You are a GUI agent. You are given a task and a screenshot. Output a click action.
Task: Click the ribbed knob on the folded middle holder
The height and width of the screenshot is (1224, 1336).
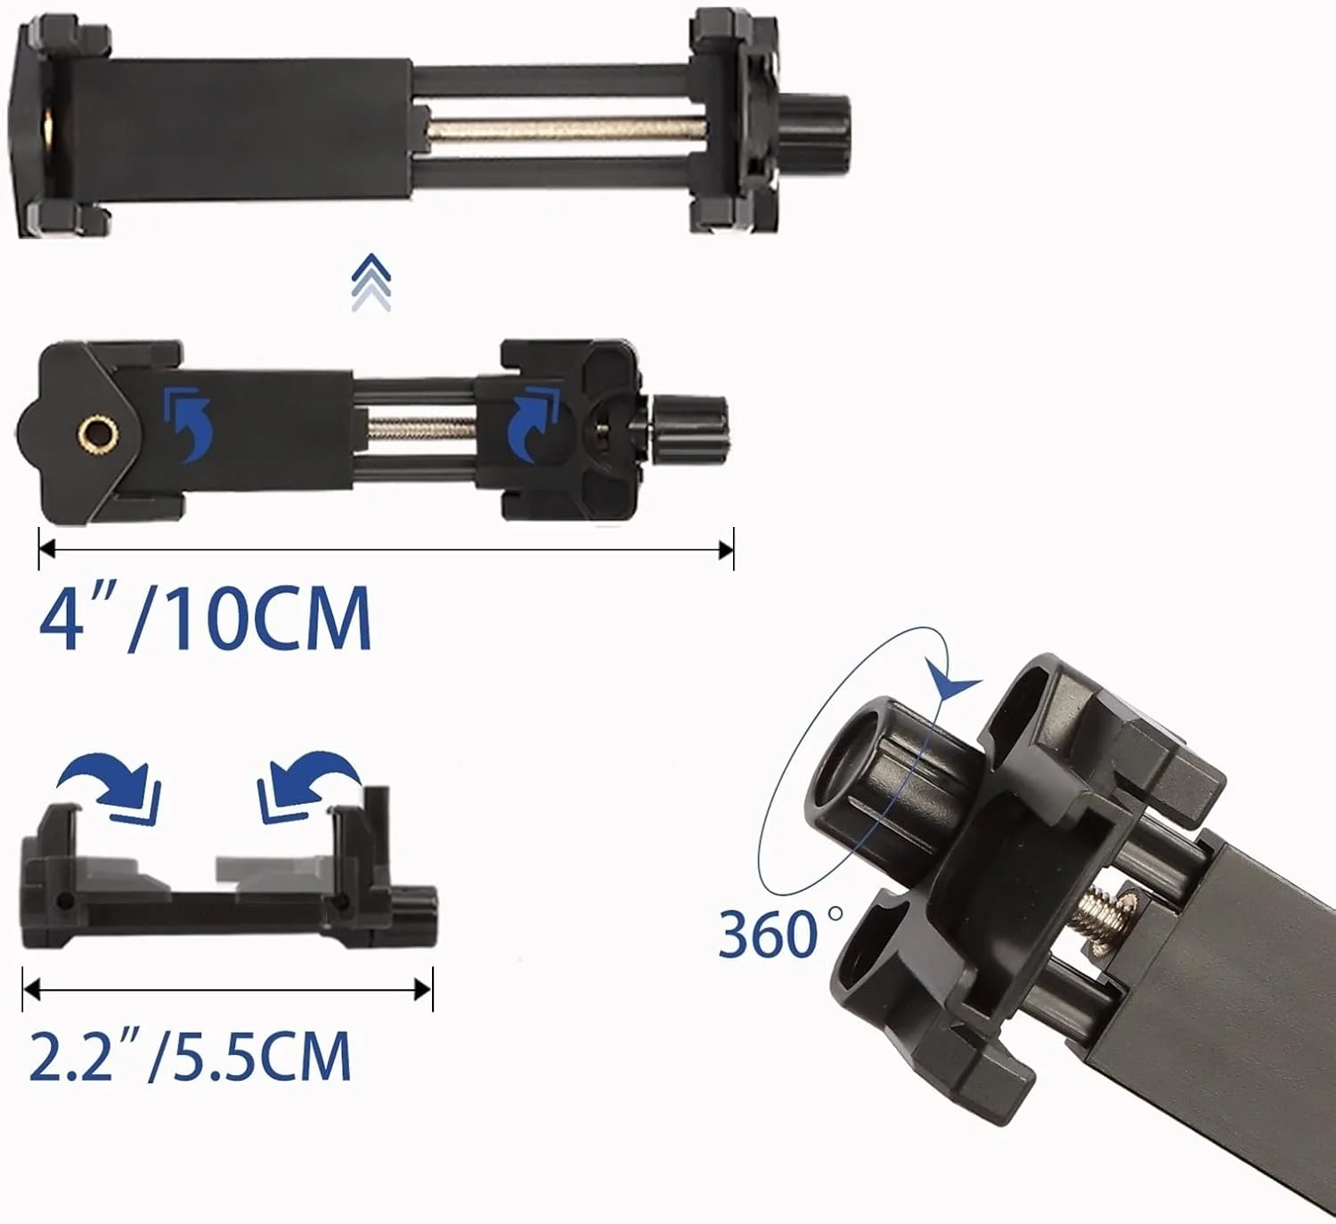click(x=690, y=430)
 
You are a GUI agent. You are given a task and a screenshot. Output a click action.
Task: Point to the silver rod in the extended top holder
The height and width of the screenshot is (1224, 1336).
click(x=566, y=126)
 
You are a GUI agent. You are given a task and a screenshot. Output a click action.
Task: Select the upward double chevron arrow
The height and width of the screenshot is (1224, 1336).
click(x=371, y=282)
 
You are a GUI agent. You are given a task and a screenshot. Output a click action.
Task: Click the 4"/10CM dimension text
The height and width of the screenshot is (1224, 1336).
click(x=205, y=617)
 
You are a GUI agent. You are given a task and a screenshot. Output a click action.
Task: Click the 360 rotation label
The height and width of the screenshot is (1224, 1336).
click(x=780, y=933)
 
